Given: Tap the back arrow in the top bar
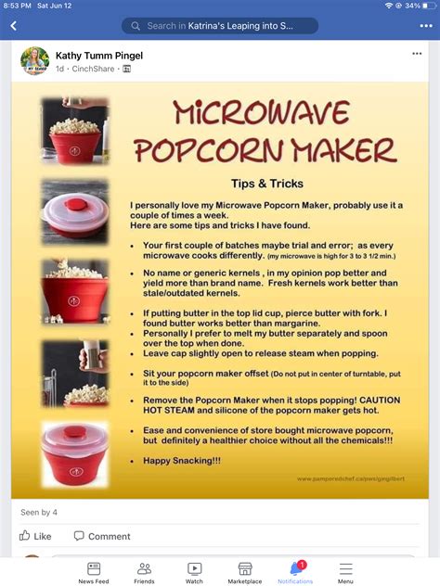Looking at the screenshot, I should (x=13, y=26).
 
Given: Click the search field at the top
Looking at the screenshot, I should (x=219, y=26).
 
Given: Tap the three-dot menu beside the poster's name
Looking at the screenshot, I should (x=417, y=54).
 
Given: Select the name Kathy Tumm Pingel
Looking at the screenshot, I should (x=99, y=56).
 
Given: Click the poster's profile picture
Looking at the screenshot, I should (x=34, y=60).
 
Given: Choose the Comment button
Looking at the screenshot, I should (x=102, y=536).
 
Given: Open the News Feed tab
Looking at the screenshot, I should (x=94, y=572).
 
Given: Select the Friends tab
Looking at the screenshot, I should (x=144, y=572).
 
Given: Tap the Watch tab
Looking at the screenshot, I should (x=194, y=572).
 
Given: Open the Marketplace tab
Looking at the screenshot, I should (x=245, y=572).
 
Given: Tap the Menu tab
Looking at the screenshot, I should (x=345, y=572).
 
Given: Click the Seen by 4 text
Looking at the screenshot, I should (x=39, y=512).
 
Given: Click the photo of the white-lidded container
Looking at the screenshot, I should (x=74, y=212).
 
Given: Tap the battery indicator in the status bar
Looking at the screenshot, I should (x=425, y=6).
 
